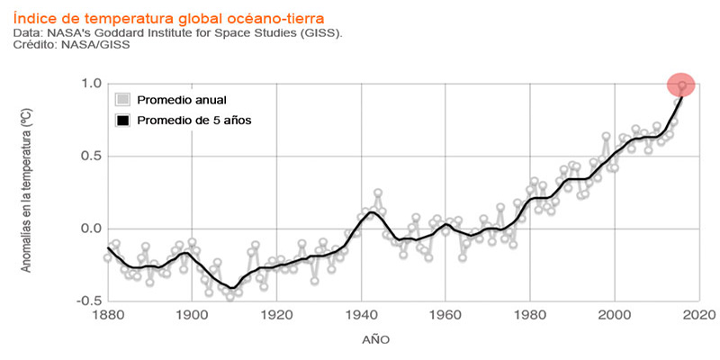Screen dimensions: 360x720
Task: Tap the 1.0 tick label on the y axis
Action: click(90, 84)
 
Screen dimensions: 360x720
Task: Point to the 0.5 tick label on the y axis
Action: click(90, 156)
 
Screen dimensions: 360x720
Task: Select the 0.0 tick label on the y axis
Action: click(90, 229)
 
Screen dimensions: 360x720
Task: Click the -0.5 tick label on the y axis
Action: click(87, 301)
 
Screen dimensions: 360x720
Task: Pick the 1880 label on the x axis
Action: click(107, 316)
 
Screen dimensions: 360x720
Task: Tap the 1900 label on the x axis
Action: click(192, 316)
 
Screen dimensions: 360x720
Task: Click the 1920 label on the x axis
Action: click(276, 316)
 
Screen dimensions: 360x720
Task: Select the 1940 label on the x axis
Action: click(361, 316)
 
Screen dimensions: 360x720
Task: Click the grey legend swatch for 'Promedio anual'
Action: click(124, 99)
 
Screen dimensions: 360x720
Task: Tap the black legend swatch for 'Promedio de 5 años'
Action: click(124, 120)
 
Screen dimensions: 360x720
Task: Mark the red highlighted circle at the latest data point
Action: click(681, 85)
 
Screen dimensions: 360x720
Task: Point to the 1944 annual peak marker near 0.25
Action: click(378, 193)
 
